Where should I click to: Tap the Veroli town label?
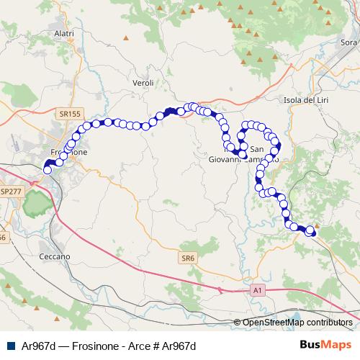tap(143, 84)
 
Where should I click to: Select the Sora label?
tap(348, 42)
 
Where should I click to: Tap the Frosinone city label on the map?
tap(70, 153)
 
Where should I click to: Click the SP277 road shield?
tap(11, 192)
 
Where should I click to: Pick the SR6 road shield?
tap(188, 257)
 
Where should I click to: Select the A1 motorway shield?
tap(258, 289)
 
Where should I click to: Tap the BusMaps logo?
tap(325, 345)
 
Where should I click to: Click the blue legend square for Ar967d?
tap(9, 346)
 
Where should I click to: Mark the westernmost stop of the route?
tap(48, 171)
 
